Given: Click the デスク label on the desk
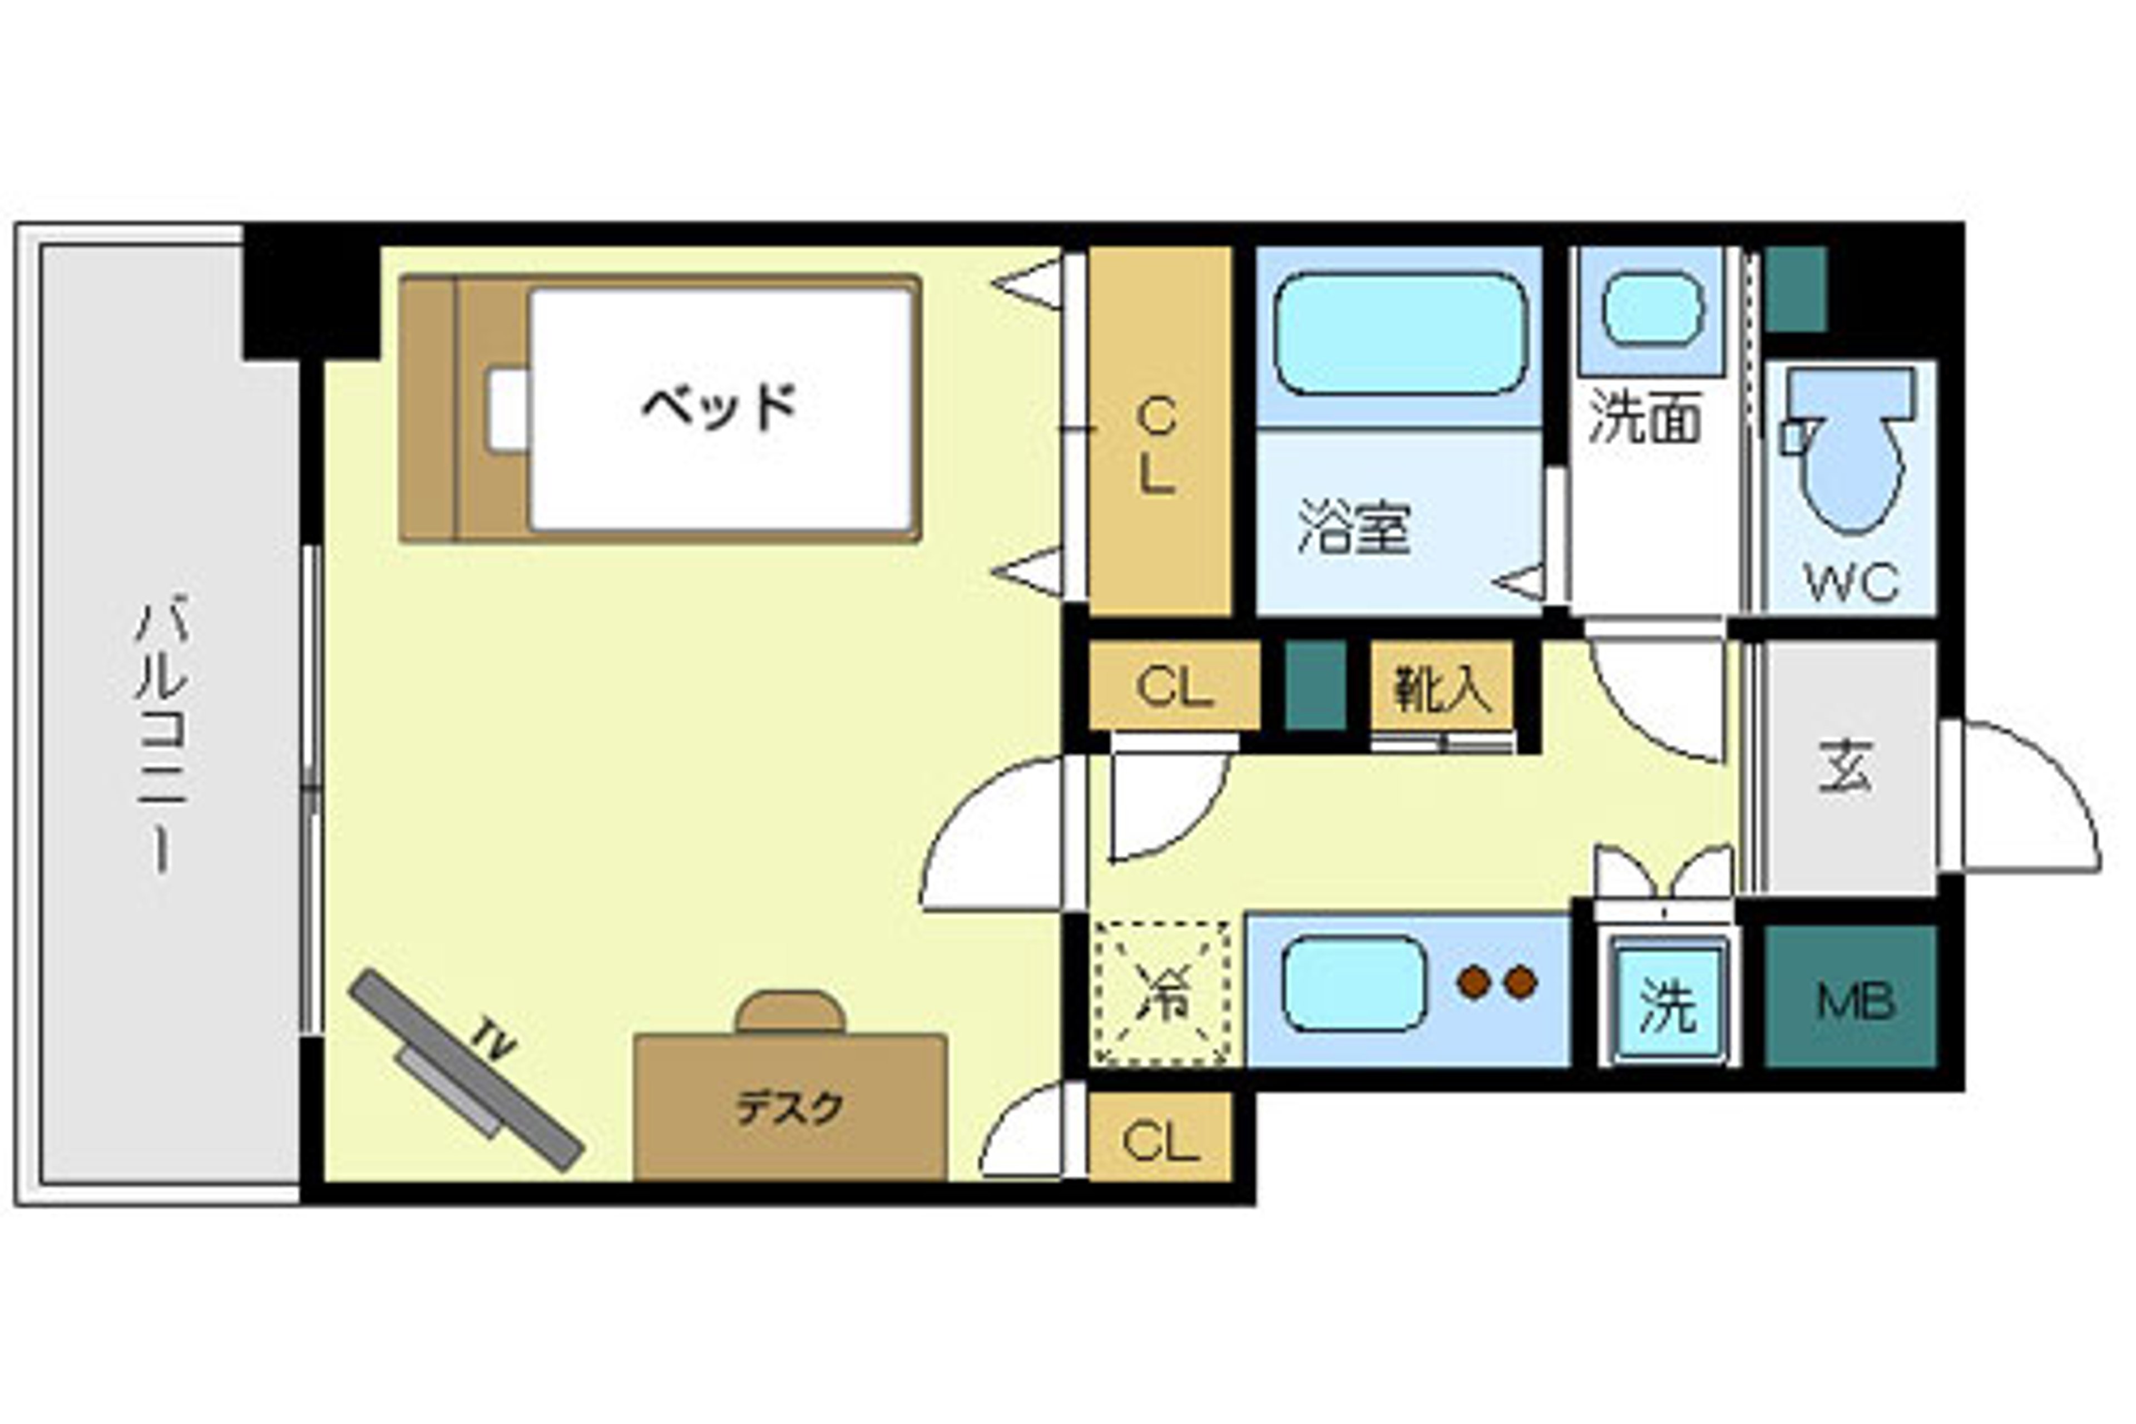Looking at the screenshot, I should pos(789,1108).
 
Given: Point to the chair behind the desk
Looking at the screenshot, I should pos(790,1012).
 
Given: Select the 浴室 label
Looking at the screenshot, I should pos(1354,527).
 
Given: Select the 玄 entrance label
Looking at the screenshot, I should pos(1846,768).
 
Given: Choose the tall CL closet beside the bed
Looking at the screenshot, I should pos(1158,432).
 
